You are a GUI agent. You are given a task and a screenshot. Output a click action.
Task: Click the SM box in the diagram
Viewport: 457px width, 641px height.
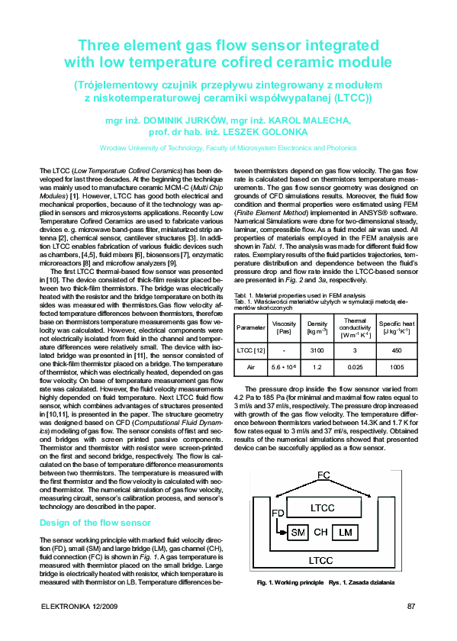click(x=297, y=532)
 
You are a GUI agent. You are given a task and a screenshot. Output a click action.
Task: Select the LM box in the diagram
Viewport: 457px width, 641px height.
click(x=346, y=532)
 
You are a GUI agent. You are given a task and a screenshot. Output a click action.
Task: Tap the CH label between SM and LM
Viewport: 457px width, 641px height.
click(x=320, y=532)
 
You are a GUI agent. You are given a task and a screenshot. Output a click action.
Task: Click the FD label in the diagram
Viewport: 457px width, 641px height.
click(x=278, y=513)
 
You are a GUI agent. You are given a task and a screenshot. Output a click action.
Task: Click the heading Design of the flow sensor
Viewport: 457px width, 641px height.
click(x=95, y=523)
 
